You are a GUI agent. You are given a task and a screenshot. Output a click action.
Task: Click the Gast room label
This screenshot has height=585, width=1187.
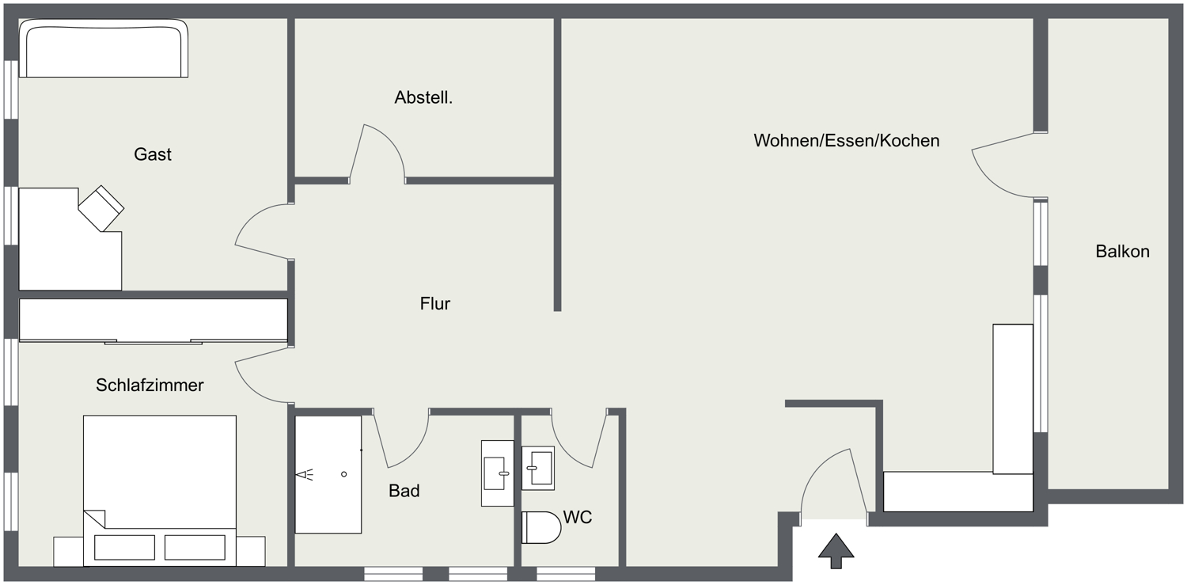point(153,154)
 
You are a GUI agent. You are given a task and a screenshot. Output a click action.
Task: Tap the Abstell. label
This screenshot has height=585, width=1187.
point(423,97)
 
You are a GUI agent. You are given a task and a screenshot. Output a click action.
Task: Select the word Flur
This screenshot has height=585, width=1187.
point(435,303)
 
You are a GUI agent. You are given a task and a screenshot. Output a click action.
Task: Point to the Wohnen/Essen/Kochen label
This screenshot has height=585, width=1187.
point(846,140)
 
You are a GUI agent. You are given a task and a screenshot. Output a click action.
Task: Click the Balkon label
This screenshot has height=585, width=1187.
point(1122,251)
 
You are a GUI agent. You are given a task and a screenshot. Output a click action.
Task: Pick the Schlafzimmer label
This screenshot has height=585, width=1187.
point(150,386)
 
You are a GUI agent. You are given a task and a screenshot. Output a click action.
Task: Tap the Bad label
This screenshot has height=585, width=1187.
point(404,491)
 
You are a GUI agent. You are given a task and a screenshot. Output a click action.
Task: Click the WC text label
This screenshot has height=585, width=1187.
point(577,517)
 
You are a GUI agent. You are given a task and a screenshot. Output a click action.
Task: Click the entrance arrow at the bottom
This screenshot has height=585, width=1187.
point(836,551)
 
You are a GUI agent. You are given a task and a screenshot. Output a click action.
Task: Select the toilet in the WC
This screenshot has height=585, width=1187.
point(541,527)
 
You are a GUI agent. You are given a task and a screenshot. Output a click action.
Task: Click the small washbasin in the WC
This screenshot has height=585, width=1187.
point(538,468)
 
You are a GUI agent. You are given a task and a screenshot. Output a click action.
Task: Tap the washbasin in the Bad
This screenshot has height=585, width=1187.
point(497,473)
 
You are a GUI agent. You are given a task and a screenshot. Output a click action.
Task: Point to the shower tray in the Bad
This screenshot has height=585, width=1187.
point(328,474)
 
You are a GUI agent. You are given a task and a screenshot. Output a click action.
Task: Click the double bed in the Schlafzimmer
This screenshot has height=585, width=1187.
point(160,491)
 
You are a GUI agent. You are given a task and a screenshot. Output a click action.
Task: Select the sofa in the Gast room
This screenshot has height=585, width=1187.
point(104,49)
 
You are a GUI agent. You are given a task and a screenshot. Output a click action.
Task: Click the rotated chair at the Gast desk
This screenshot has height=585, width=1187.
point(101,208)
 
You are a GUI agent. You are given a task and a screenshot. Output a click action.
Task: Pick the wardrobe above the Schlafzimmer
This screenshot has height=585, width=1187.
point(154,320)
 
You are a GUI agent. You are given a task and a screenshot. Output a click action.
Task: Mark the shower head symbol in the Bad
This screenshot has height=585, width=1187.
point(305,475)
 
